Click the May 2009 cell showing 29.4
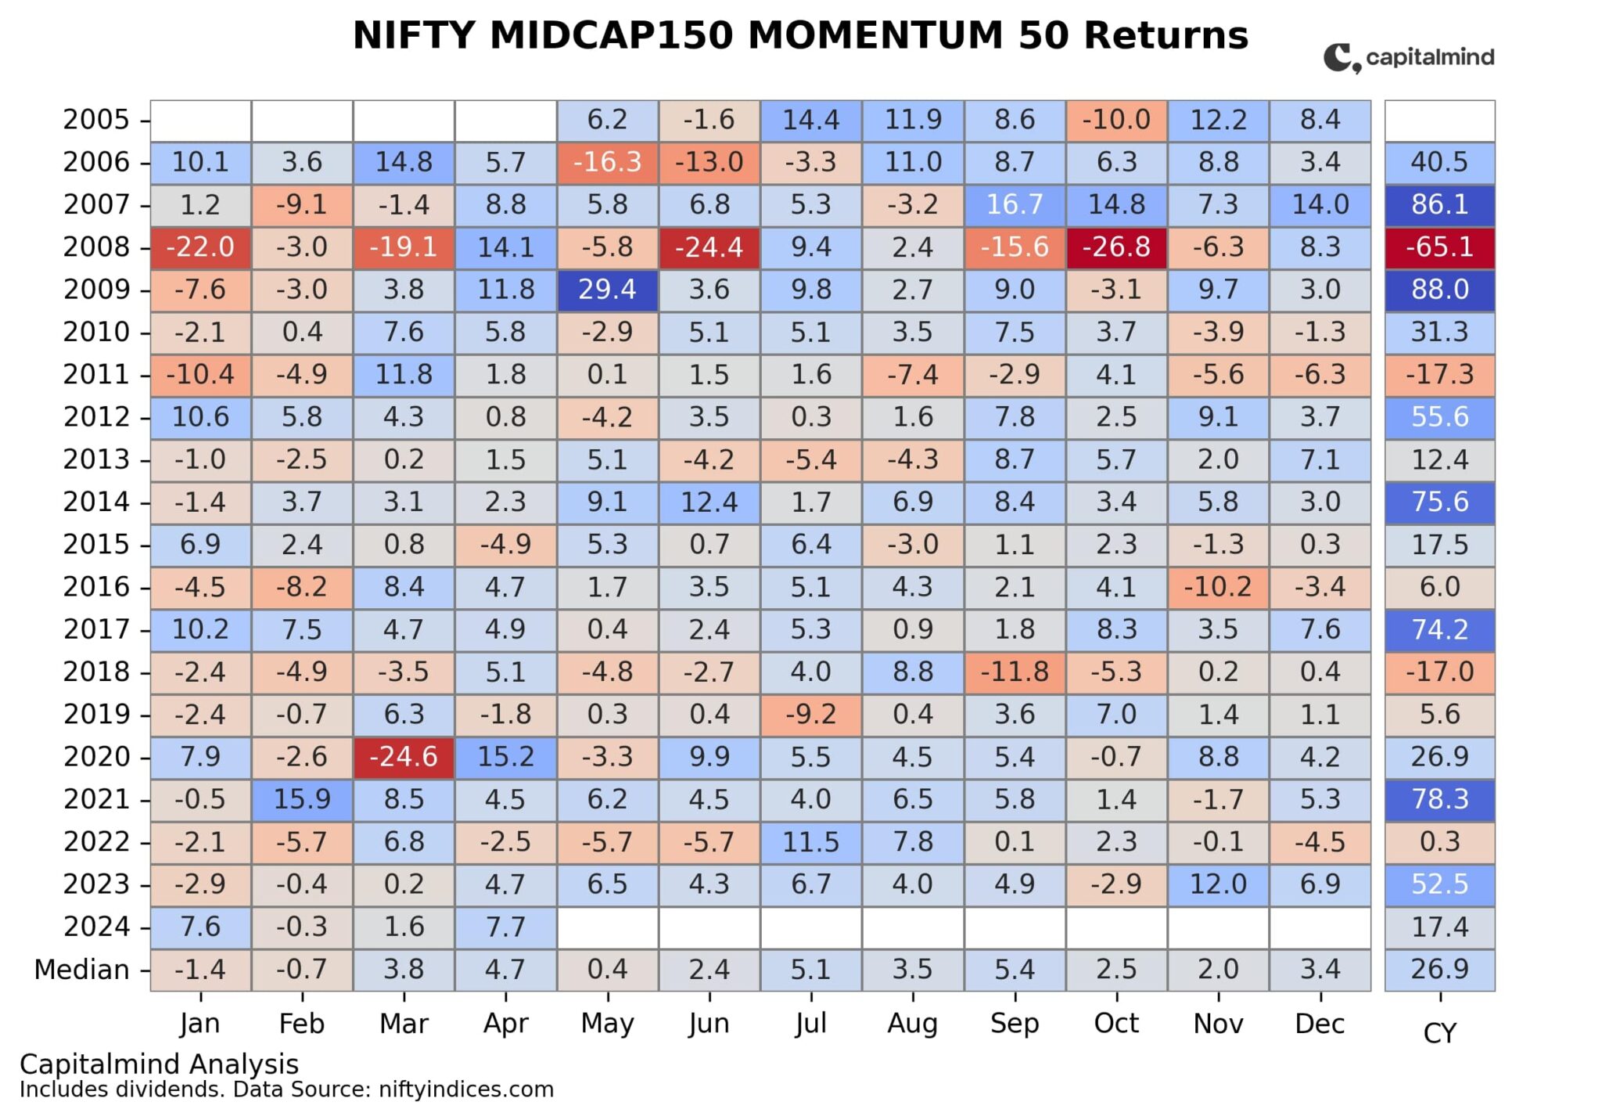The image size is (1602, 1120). coord(607,290)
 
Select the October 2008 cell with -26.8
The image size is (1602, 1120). coord(1116,247)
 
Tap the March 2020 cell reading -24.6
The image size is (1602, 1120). coord(404,757)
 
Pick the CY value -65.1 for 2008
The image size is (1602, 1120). coord(1439,247)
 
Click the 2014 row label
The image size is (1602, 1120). coord(96,502)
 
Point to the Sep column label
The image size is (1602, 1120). coord(1015,1024)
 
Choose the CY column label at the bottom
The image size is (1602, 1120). coord(1439,1034)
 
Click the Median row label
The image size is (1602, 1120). coord(81,970)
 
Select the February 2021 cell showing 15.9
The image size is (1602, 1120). coord(302,799)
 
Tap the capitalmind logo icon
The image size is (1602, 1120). coord(1341,58)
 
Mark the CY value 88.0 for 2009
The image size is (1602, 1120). coord(1439,290)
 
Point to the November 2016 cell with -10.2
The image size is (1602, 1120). coord(1218,587)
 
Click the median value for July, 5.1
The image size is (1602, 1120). coord(810,970)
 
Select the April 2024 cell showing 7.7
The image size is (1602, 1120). coord(505,927)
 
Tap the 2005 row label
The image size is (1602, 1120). coord(96,120)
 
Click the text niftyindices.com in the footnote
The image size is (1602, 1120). coord(465,1089)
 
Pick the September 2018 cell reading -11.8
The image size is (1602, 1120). coord(1015,672)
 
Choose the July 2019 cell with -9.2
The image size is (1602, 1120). coord(810,715)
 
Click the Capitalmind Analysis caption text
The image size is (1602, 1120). coord(159,1064)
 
